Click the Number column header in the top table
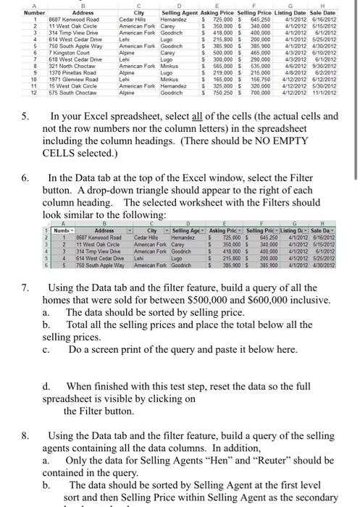pos(14,13)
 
